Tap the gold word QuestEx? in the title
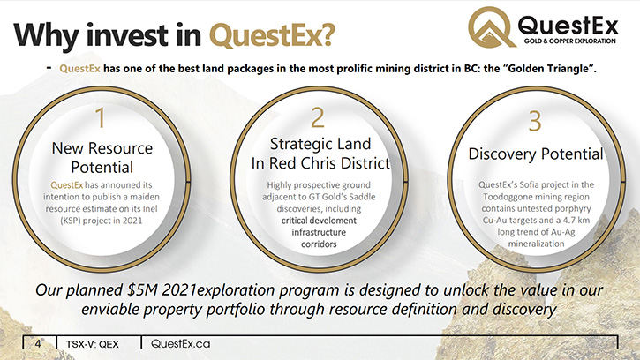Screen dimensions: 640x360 click(272, 35)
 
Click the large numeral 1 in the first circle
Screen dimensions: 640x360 click(101, 118)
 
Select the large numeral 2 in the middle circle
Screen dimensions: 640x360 click(318, 117)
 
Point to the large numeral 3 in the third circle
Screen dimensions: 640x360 click(535, 121)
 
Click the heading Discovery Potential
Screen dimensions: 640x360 click(536, 154)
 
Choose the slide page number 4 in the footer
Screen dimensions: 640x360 click(38, 343)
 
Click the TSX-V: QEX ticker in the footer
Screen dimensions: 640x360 click(92, 344)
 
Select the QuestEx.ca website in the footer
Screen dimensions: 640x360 click(180, 343)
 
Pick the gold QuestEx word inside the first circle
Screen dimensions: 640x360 click(66, 185)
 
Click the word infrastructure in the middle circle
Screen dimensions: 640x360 click(319, 232)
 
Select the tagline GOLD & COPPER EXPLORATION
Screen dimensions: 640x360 click(569, 41)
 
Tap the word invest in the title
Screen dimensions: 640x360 click(127, 35)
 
